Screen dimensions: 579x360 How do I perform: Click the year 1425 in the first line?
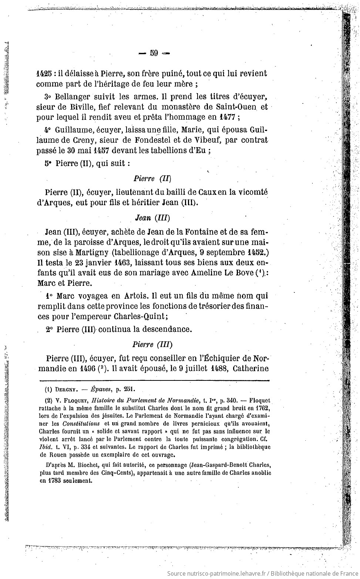pos(44,73)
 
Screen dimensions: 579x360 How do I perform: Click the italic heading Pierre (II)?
pos(152,179)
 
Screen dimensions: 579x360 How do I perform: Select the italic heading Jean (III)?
pos(152,217)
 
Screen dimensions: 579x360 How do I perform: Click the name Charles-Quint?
pos(141,317)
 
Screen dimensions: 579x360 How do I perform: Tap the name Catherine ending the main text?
pos(250,369)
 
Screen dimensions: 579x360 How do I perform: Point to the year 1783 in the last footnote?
pos(54,481)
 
